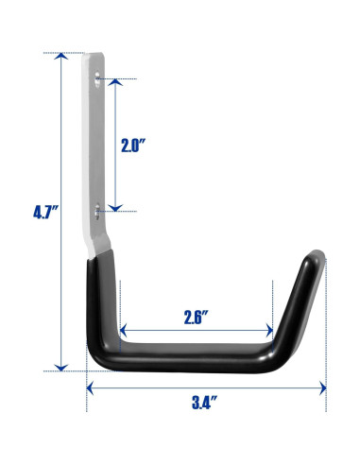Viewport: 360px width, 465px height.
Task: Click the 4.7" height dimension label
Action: click(x=46, y=212)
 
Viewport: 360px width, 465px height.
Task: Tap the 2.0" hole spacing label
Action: click(x=133, y=146)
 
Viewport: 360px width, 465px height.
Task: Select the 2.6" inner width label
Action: click(x=197, y=318)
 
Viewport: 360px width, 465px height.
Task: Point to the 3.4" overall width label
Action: click(x=205, y=402)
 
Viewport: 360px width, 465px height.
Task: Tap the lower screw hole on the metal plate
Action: click(x=97, y=211)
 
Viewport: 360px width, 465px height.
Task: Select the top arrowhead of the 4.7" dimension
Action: click(x=61, y=56)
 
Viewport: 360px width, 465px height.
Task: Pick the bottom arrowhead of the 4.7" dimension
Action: click(x=61, y=368)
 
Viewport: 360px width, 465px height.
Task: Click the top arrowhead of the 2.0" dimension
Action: click(x=115, y=82)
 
